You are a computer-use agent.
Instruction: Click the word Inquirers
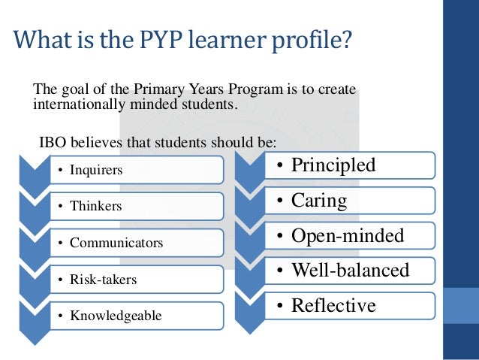[x=95, y=170]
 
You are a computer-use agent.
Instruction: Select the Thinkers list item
[x=95, y=205]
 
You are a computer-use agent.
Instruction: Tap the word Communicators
[x=116, y=243]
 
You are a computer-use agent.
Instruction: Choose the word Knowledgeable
[x=116, y=316]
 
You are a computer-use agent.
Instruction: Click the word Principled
[x=333, y=165]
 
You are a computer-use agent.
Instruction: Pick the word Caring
[x=318, y=201]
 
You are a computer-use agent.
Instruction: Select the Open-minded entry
[x=347, y=236]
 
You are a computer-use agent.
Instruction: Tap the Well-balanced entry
[x=350, y=270]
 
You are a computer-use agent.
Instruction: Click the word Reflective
[x=333, y=305]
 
